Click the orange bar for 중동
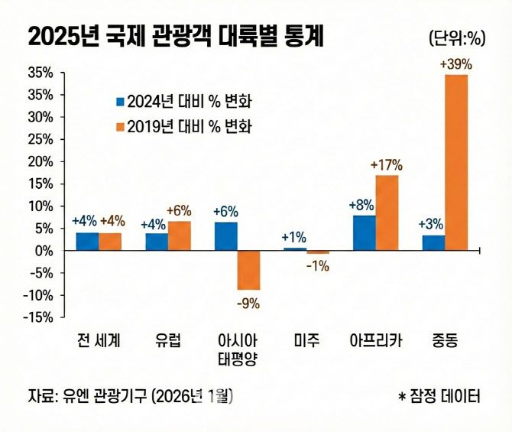pos(456,162)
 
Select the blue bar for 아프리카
pos(364,232)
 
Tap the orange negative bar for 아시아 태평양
pos(248,270)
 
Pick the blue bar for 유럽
pos(157,242)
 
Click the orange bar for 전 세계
pos(110,242)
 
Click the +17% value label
pos(386,165)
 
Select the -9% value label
pos(248,303)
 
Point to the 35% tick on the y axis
pos(40,73)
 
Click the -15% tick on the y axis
pos(38,317)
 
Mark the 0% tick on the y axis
pos(44,251)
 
